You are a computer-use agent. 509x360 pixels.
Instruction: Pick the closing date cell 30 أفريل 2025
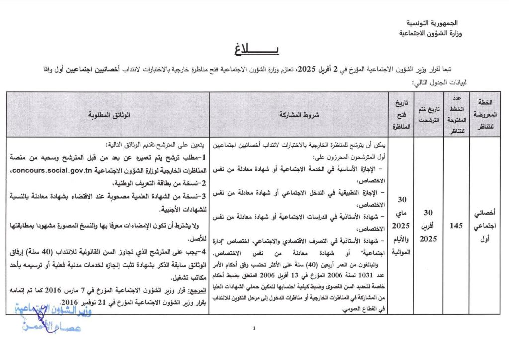pos(428,225)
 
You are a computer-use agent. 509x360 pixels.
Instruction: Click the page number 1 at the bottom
pos(254,328)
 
